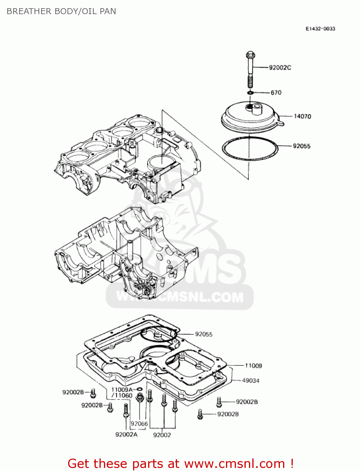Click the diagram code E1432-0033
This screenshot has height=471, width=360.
(x=320, y=29)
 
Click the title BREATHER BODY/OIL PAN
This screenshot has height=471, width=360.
(x=61, y=11)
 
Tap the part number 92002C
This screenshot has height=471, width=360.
(x=280, y=68)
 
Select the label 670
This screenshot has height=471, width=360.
(x=276, y=93)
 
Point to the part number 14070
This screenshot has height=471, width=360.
(x=302, y=116)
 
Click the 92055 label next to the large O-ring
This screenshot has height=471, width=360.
(x=301, y=146)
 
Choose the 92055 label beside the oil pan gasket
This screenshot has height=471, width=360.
(x=204, y=334)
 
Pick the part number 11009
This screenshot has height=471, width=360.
(x=253, y=365)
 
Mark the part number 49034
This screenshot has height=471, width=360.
(x=250, y=381)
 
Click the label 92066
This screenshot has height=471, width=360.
(x=139, y=424)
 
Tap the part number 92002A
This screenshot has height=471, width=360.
(x=126, y=435)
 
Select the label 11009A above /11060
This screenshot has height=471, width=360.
(x=122, y=390)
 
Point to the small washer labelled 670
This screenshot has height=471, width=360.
(x=250, y=93)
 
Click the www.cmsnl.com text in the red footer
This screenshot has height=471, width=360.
(x=234, y=464)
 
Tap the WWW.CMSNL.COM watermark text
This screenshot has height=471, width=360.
(x=180, y=297)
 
